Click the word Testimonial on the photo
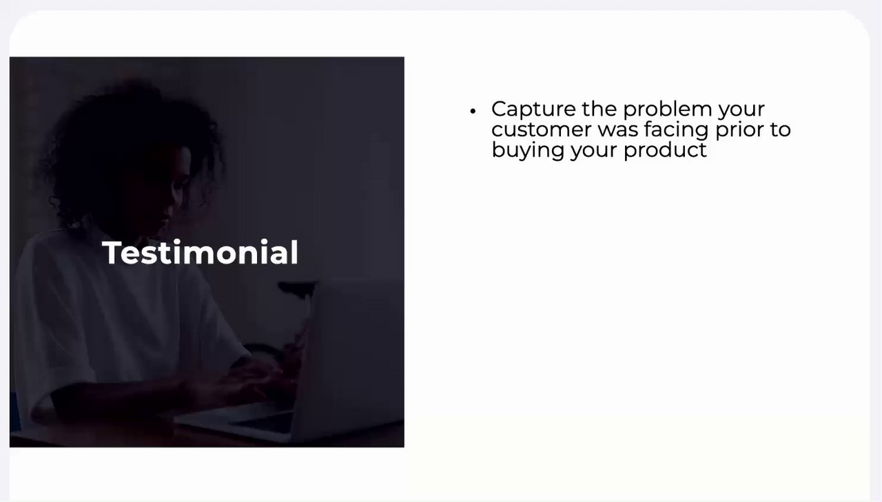[x=201, y=252]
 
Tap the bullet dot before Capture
[x=473, y=112]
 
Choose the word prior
[x=737, y=130]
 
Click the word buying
[x=528, y=151]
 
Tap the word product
[x=665, y=150]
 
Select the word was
[x=618, y=130]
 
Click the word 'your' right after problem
[x=741, y=111]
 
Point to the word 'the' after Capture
[x=599, y=109]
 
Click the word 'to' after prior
[x=778, y=130]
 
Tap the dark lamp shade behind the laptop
[x=296, y=287]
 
